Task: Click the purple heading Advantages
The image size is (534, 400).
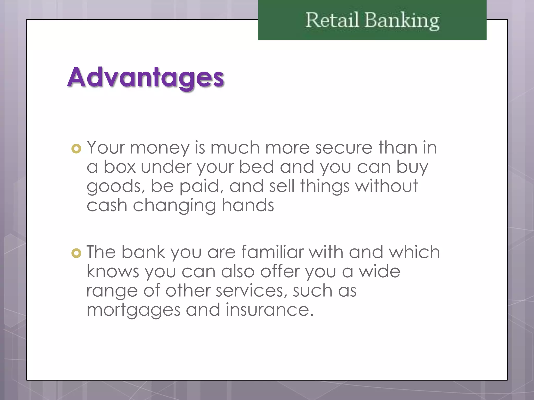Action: tap(145, 77)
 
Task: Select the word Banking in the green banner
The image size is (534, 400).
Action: tap(402, 21)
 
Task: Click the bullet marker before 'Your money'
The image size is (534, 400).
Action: tap(76, 149)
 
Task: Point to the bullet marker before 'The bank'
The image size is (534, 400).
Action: tap(76, 253)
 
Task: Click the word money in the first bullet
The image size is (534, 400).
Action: tap(160, 148)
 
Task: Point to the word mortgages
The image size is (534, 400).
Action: tap(133, 310)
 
